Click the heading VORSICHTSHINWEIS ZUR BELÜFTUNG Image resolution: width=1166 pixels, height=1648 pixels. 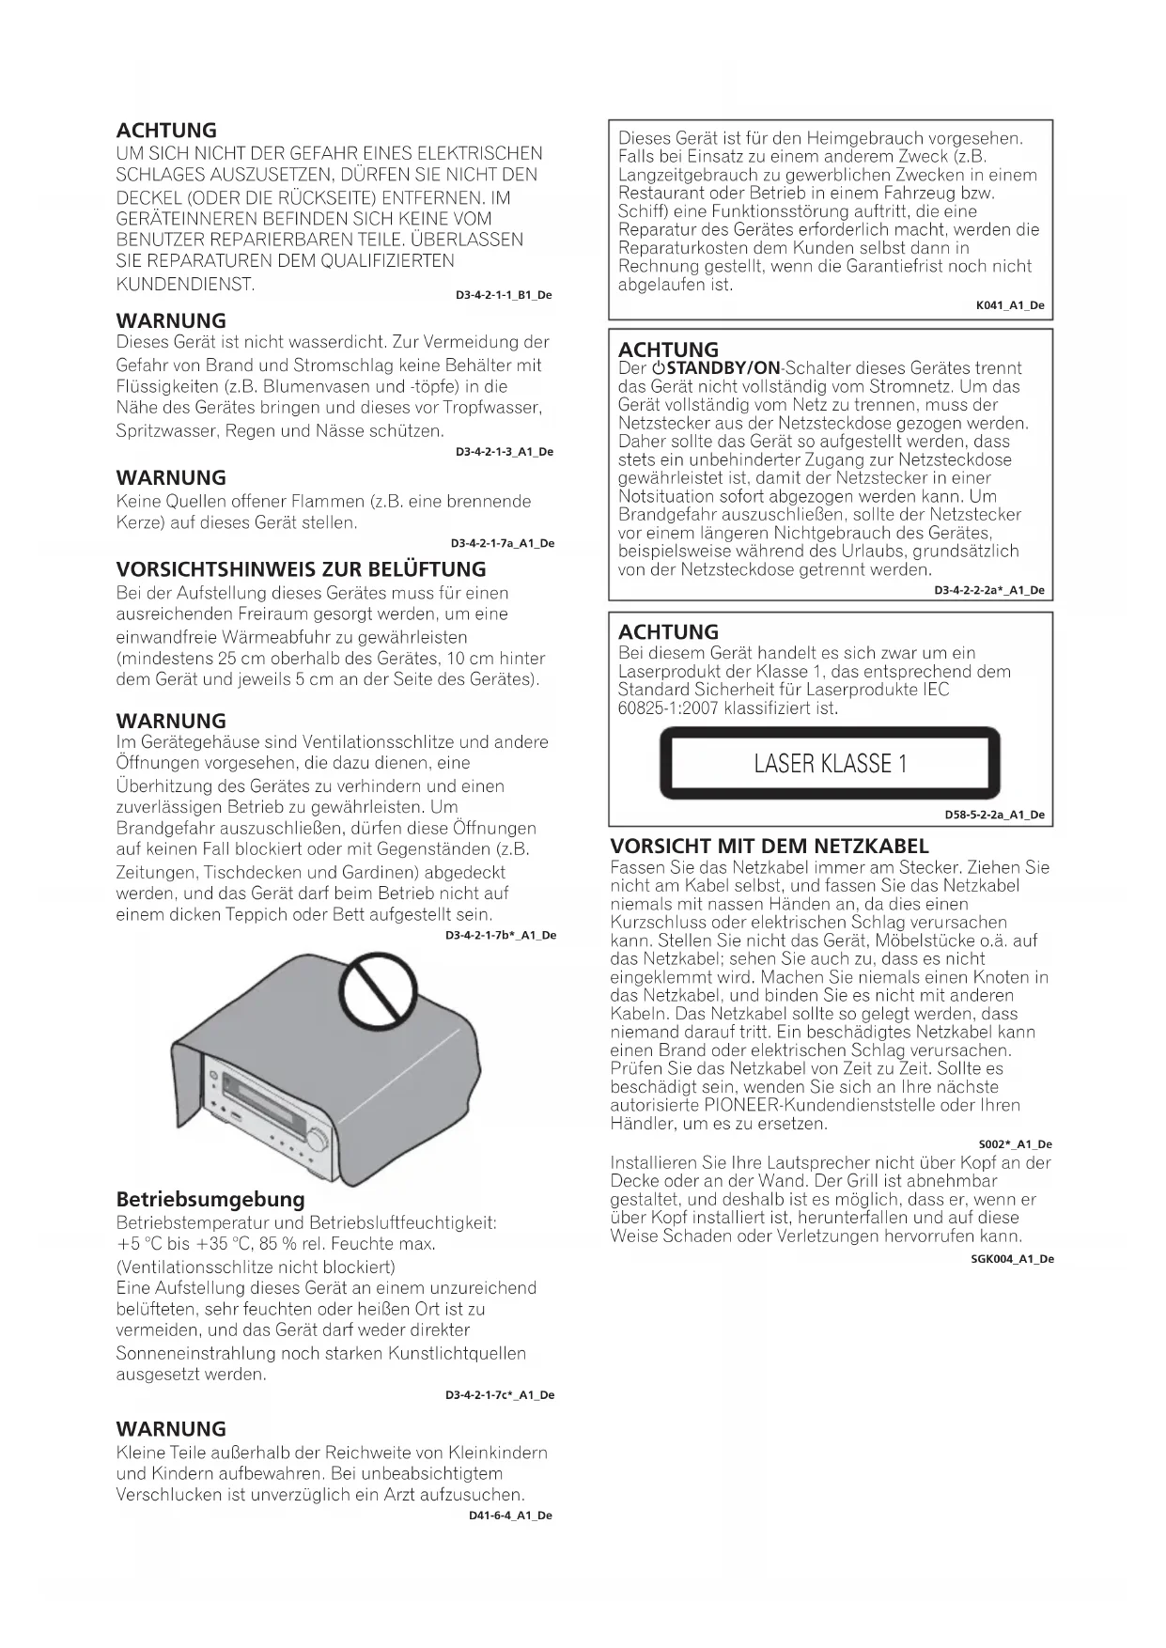[301, 569]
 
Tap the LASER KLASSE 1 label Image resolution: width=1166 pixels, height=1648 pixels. [831, 763]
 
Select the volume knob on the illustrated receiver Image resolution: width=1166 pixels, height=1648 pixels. [318, 1141]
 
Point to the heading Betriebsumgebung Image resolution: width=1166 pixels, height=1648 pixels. [210, 1199]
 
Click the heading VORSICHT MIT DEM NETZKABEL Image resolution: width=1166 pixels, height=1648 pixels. [770, 846]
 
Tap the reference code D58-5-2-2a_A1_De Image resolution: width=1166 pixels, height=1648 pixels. [994, 815]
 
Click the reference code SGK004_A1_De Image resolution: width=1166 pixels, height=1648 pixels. [1012, 1259]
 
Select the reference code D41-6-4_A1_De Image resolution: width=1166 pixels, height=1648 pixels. [510, 1516]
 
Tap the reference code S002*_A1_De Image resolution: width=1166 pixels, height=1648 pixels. [1015, 1144]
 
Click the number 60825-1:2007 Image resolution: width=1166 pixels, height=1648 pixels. [669, 707]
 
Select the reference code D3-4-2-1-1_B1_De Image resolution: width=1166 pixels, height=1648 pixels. [504, 295]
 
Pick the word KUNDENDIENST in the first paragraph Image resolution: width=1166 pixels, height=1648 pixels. [185, 284]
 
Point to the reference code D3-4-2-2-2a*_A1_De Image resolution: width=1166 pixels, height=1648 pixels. [988, 590]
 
